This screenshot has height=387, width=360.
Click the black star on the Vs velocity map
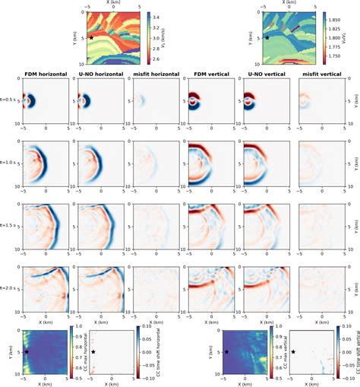coord(92,36)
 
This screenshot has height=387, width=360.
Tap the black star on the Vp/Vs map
coord(267,36)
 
